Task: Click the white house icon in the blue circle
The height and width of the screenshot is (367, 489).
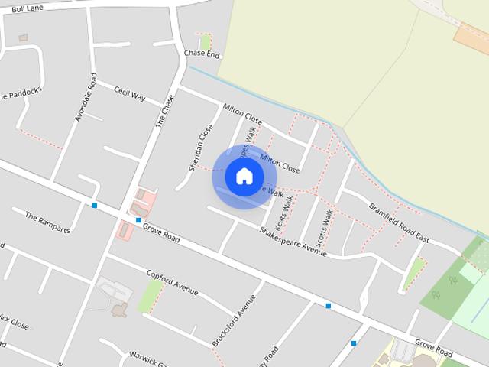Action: click(244, 176)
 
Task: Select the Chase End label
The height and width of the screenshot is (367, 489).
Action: click(202, 54)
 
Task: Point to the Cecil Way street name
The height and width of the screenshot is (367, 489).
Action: click(129, 94)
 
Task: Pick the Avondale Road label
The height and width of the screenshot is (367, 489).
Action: click(86, 97)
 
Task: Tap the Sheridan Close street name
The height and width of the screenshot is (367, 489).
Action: click(200, 147)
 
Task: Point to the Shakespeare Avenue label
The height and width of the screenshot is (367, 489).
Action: click(293, 241)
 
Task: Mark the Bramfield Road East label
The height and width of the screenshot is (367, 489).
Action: click(399, 223)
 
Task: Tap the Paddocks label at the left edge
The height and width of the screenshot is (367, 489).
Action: click(20, 96)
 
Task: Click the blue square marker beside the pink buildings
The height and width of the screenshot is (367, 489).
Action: click(138, 220)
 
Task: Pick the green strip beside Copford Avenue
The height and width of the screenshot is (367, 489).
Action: click(150, 295)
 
